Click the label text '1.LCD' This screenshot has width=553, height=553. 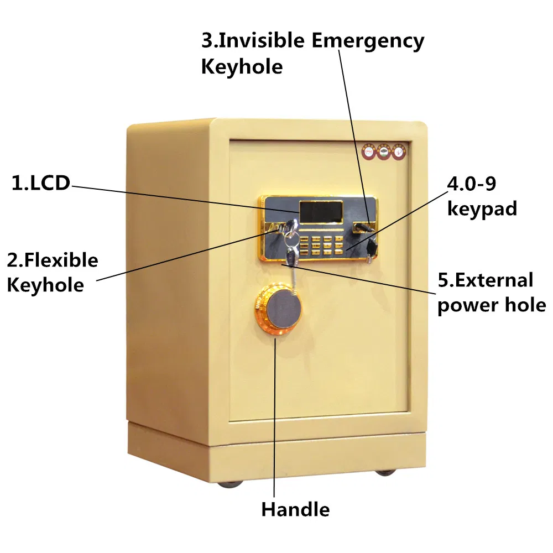[x=41, y=183]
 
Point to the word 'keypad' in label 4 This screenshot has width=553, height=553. [x=482, y=208]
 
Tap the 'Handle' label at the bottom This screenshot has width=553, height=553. [x=295, y=509]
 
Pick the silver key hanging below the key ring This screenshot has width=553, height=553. [x=291, y=255]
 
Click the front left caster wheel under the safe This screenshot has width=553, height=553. [x=228, y=483]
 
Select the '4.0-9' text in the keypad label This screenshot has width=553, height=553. [x=472, y=183]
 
